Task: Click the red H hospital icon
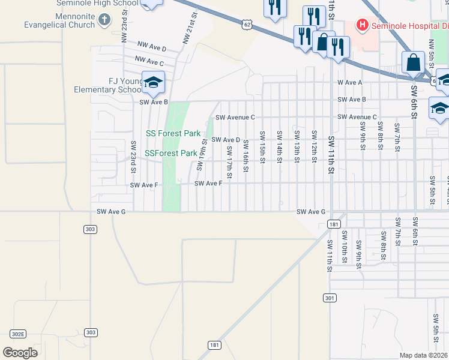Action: click(362, 25)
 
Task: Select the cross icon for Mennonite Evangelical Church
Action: click(104, 20)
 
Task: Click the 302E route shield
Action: click(18, 334)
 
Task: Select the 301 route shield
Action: click(329, 298)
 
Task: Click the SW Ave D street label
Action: click(225, 140)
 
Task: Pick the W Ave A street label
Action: click(350, 82)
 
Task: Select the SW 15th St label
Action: click(262, 145)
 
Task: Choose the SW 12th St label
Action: click(313, 145)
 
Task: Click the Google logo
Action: click(20, 352)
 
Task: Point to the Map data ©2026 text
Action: click(424, 355)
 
